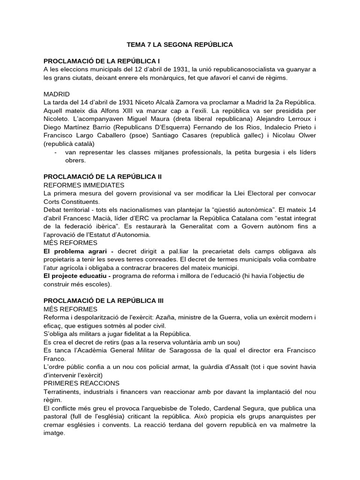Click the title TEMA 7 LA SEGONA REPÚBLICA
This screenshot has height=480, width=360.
click(x=180, y=45)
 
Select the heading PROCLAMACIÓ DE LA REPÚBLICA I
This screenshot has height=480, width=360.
click(x=102, y=61)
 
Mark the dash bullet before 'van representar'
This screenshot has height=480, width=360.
click(x=56, y=152)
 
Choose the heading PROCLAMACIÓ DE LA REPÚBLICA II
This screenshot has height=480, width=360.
click(x=103, y=177)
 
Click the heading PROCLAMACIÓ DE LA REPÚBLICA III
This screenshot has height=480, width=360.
click(x=104, y=300)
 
